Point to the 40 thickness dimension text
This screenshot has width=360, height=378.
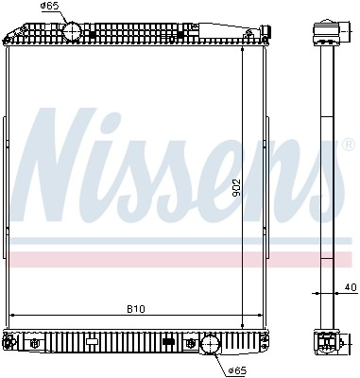tap(350, 286)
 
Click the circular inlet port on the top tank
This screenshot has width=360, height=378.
tap(75, 31)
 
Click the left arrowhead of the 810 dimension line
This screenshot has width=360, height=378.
tap(11, 316)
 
